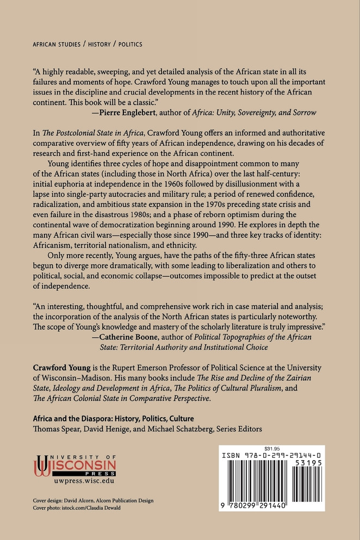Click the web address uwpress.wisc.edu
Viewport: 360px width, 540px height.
[x=82, y=481]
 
